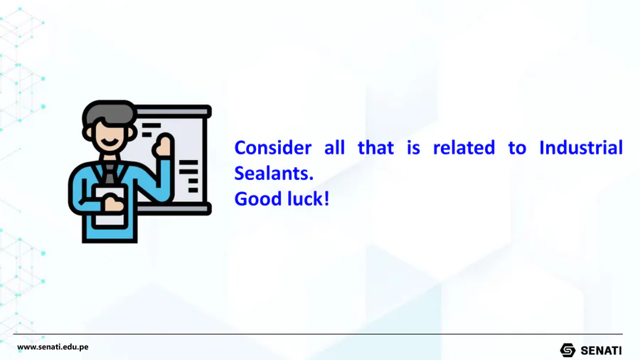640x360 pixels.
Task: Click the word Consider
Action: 272,148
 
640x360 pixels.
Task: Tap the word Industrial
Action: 581,148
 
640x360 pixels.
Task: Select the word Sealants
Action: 274,174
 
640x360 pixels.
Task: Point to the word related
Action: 464,148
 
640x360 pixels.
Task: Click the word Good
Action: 258,199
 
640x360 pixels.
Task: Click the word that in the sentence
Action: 376,148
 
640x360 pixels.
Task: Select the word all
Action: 334,148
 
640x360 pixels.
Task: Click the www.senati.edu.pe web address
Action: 53,347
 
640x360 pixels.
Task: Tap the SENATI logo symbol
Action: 567,350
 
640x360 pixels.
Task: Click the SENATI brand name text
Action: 601,351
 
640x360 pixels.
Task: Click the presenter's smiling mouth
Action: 110,143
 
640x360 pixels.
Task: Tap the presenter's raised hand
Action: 164,146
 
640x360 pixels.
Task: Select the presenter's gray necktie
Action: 110,173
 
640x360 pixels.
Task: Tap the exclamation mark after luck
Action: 326,199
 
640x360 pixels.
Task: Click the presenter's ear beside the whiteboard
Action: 134,133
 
